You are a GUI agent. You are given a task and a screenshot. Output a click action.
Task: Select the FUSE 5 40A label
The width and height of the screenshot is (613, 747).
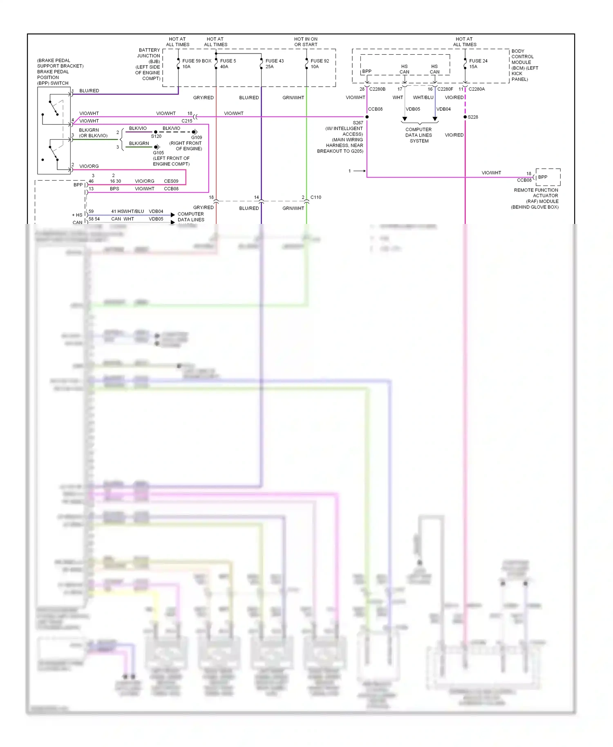pyautogui.click(x=228, y=64)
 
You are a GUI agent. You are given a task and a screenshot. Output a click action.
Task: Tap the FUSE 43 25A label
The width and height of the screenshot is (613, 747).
pyautogui.click(x=274, y=64)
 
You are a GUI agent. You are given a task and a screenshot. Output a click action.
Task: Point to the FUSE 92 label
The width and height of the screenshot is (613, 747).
pyautogui.click(x=320, y=61)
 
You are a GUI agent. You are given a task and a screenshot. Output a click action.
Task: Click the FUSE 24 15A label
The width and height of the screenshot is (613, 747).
pyautogui.click(x=478, y=64)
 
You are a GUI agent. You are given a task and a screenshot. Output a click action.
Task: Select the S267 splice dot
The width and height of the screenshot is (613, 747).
pyautogui.click(x=367, y=117)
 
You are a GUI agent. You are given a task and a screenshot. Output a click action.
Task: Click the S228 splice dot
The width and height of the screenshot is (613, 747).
pyautogui.click(x=465, y=117)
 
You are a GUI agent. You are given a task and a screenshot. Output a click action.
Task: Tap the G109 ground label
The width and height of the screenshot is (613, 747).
pyautogui.click(x=197, y=138)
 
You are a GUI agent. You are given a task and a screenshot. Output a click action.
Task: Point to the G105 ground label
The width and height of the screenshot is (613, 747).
pyautogui.click(x=159, y=153)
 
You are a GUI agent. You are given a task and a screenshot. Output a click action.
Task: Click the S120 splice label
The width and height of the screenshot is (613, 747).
pyautogui.click(x=156, y=136)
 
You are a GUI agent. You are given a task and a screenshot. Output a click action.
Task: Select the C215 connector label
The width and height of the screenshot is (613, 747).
pyautogui.click(x=187, y=121)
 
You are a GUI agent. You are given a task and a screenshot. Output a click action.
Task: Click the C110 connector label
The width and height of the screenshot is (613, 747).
pyautogui.click(x=315, y=197)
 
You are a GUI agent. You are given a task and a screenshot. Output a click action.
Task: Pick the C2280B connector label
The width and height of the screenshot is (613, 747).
pyautogui.click(x=377, y=89)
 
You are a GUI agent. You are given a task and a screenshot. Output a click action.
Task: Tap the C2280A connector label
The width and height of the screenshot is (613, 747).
pyautogui.click(x=477, y=89)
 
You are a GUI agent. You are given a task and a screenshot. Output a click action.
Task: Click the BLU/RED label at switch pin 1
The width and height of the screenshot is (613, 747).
pyautogui.click(x=89, y=91)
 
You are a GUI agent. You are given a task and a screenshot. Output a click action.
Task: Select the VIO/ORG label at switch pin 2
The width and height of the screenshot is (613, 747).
pyautogui.click(x=89, y=166)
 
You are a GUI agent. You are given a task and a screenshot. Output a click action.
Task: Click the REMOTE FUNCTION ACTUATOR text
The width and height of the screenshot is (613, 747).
pyautogui.click(x=536, y=193)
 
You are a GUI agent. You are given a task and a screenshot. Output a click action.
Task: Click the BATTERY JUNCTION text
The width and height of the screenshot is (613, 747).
pyautogui.click(x=149, y=53)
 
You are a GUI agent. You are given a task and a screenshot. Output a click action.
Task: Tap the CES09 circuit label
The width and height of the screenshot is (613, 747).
pyautogui.click(x=171, y=181)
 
